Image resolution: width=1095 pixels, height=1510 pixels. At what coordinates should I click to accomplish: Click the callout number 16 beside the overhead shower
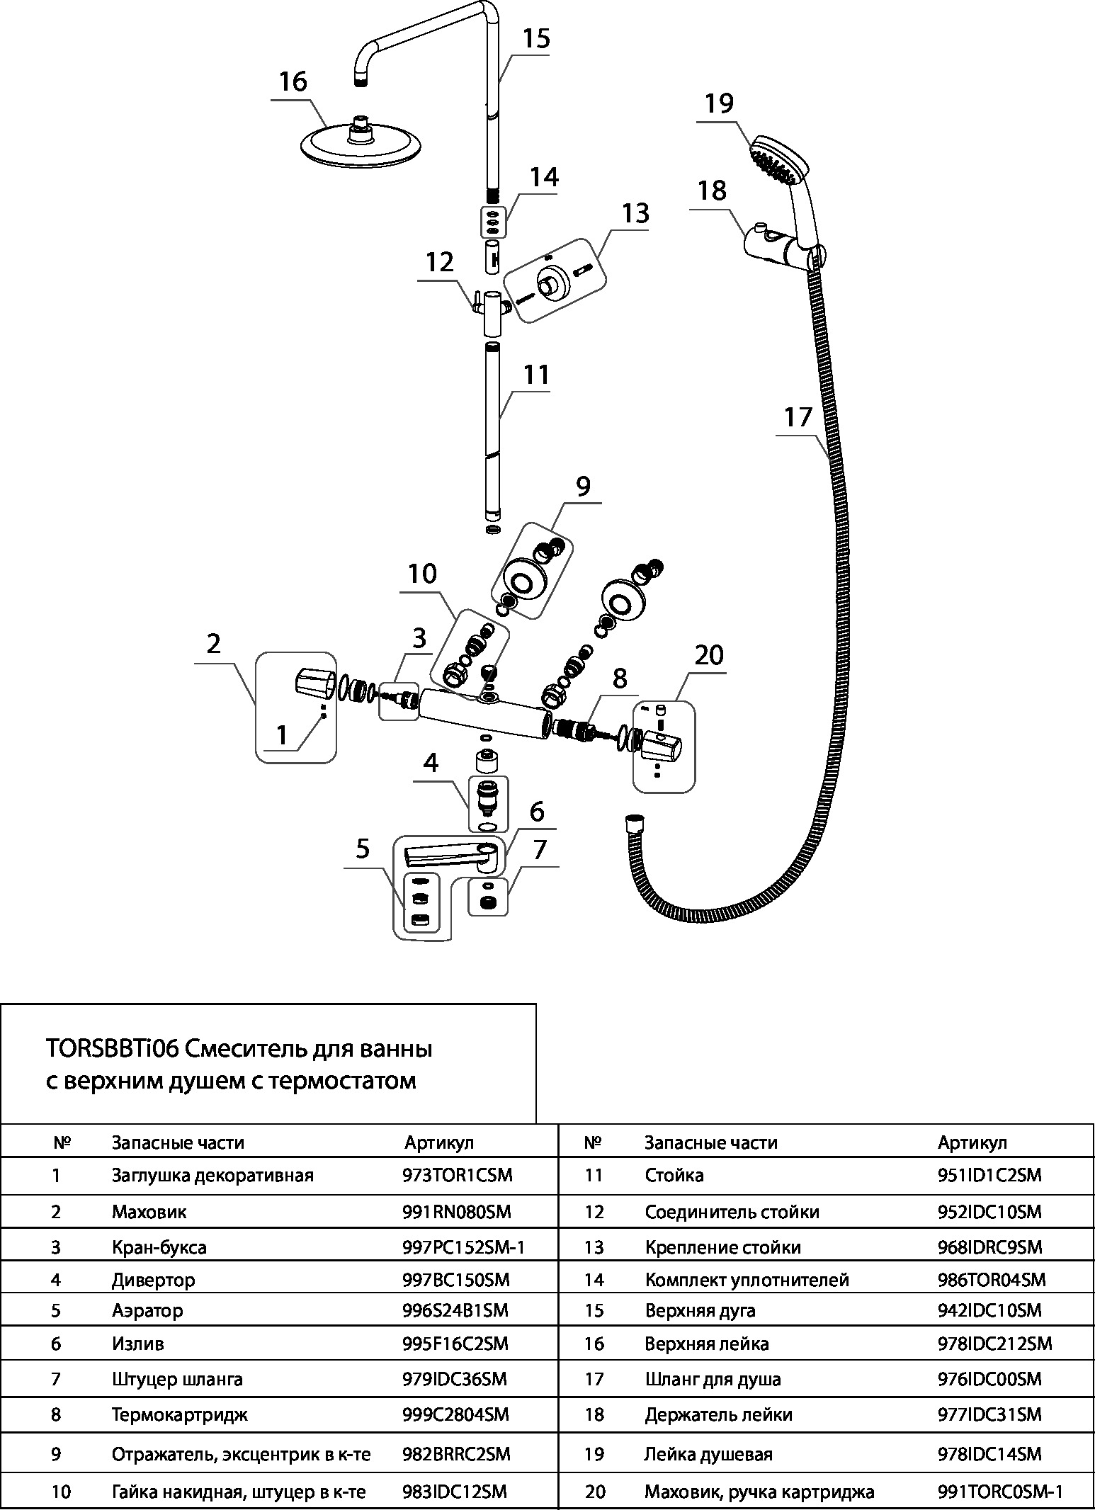point(293,82)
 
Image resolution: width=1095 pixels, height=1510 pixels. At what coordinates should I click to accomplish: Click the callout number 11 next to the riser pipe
point(536,375)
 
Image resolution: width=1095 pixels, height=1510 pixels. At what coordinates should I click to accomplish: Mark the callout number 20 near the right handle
point(709,655)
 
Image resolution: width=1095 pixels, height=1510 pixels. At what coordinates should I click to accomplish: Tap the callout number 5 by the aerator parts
point(363,848)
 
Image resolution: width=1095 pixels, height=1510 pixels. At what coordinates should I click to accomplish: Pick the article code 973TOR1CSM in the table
point(457,1176)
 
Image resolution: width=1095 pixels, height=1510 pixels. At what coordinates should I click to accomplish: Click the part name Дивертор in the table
point(153,1280)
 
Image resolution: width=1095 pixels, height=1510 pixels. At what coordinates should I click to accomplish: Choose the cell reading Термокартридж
point(169,1414)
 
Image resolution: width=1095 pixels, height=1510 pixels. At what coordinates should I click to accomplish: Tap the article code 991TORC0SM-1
point(1000,1492)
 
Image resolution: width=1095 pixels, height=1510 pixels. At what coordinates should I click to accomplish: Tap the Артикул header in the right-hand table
point(972,1142)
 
